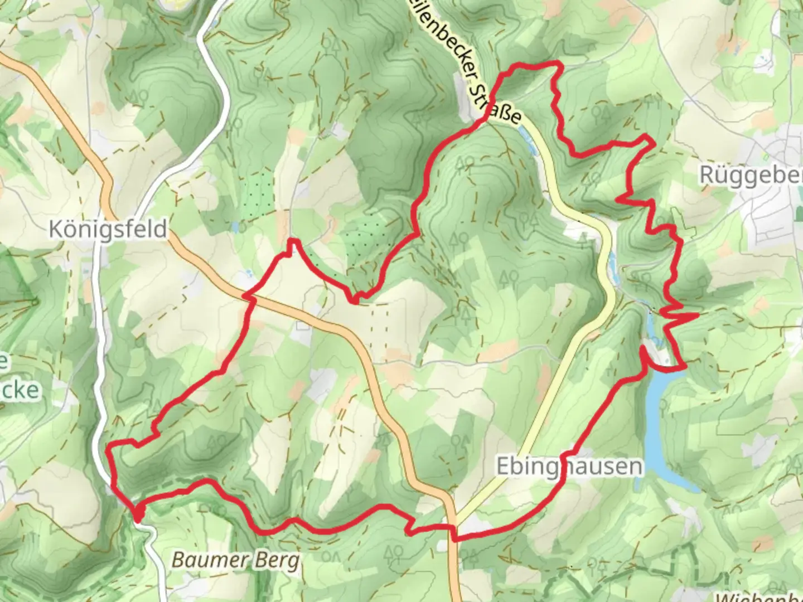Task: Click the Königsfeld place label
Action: tap(108, 229)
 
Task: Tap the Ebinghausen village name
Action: tap(569, 466)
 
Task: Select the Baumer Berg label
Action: tap(235, 560)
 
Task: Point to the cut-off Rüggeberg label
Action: tap(751, 175)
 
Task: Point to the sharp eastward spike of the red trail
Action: tap(697, 315)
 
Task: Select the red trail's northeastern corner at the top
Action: tap(558, 66)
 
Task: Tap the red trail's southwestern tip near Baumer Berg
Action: tap(137, 516)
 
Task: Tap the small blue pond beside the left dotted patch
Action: tap(236, 227)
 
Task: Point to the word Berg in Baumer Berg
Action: tap(277, 560)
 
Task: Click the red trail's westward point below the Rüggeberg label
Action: tap(618, 197)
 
